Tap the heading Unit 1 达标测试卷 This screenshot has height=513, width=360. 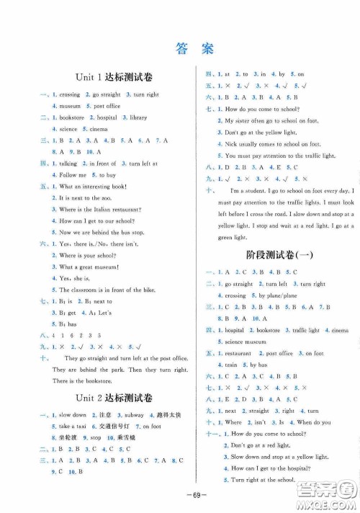(x=107, y=77)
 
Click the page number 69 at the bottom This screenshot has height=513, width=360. (x=180, y=497)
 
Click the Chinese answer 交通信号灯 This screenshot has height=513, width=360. (x=115, y=426)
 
